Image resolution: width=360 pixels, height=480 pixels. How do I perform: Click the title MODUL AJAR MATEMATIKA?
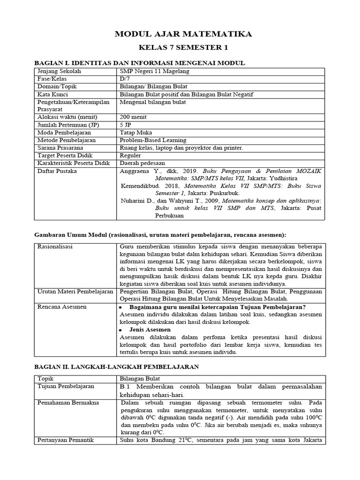pos(183,34)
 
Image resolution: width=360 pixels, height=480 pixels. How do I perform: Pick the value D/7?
pos(124,79)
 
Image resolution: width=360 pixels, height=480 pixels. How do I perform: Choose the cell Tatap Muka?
pos(136,132)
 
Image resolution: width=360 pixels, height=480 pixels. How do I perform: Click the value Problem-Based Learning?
pos(153,140)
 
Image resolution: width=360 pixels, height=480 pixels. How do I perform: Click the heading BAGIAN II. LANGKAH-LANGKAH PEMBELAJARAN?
pos(117,367)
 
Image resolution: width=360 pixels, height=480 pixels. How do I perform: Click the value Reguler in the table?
pos(131,155)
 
